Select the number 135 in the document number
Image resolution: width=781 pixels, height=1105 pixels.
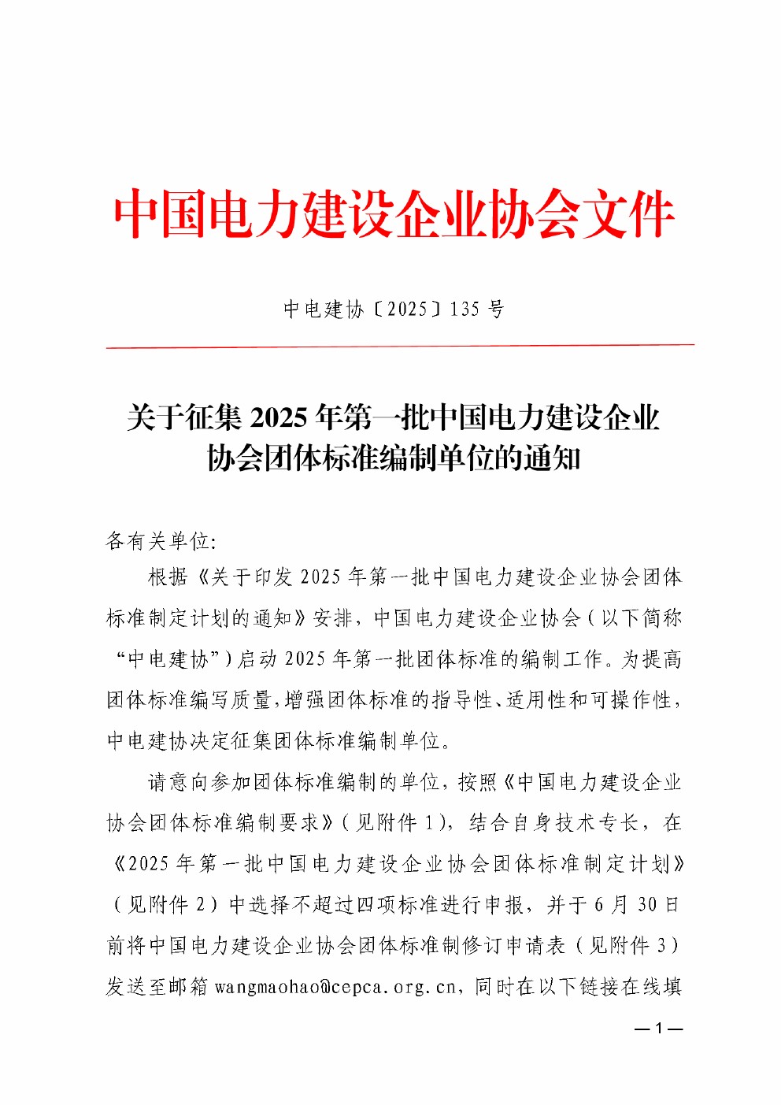pos(465,309)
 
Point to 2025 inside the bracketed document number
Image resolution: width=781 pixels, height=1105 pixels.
pos(407,309)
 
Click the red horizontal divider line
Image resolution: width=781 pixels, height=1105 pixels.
pos(400,345)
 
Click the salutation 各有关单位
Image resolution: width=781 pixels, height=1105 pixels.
pos(157,541)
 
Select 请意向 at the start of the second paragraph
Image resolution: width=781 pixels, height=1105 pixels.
pos(179,782)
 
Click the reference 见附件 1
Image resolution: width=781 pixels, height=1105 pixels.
pos(394,823)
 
